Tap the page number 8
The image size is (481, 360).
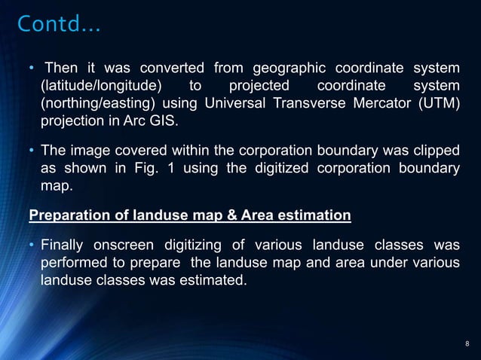pyautogui.click(x=467, y=345)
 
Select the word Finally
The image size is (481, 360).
pyautogui.click(x=63, y=246)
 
